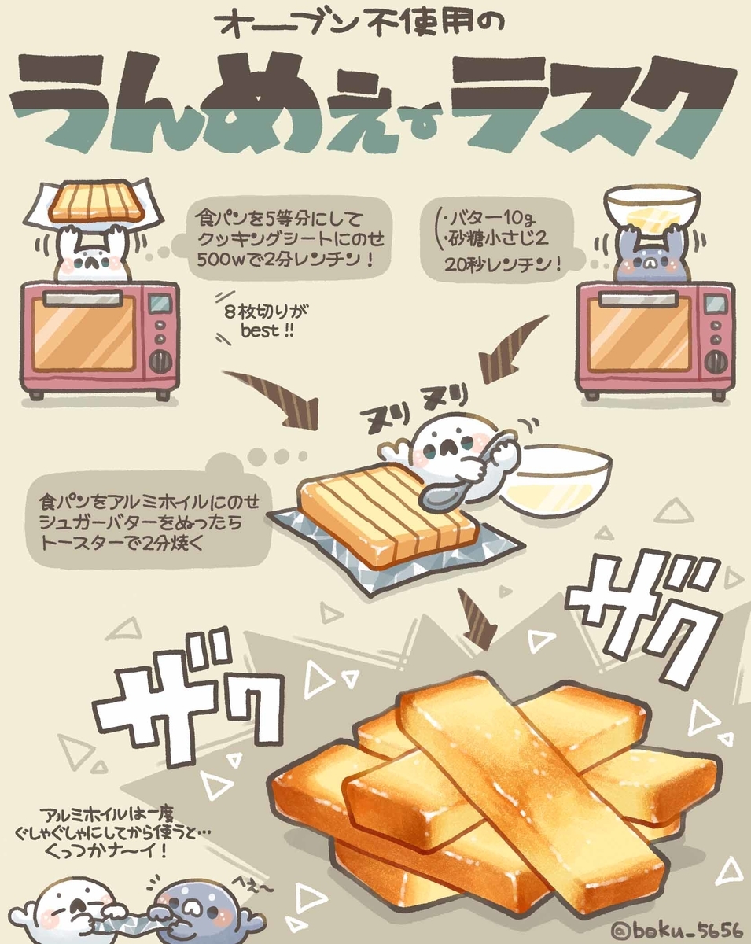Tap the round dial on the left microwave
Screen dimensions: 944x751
(x=160, y=361)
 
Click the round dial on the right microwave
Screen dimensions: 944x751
(x=715, y=362)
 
